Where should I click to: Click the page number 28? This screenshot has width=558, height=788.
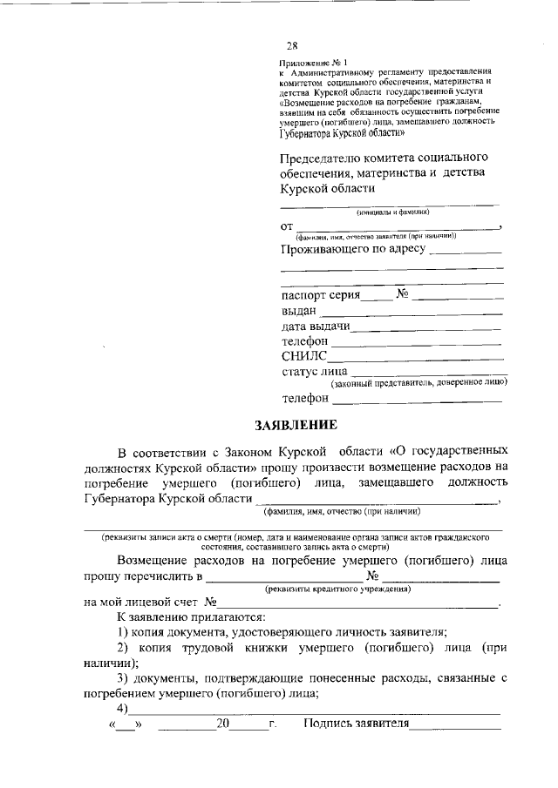coord(292,46)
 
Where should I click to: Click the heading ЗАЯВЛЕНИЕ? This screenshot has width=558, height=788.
coord(296,425)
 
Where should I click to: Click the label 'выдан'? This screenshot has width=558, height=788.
coord(299,311)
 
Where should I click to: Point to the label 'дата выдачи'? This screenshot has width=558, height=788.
coord(316,327)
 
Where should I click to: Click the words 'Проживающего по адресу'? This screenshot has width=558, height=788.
coord(353,250)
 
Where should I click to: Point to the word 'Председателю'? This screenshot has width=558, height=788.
coord(323,158)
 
